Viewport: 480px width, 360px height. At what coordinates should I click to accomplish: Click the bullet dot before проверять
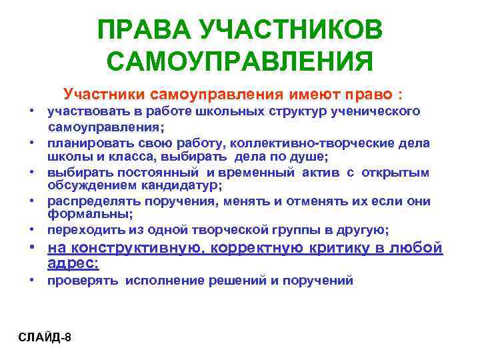click(x=33, y=281)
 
